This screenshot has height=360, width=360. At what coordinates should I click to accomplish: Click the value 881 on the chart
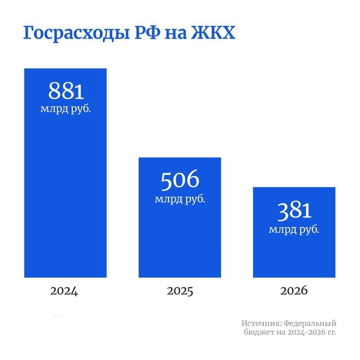pyautogui.click(x=66, y=91)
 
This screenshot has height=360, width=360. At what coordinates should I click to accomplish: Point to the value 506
pyautogui.click(x=180, y=180)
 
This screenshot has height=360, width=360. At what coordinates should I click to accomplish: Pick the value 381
pyautogui.click(x=294, y=210)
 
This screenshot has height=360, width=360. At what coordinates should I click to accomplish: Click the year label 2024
pyautogui.click(x=64, y=291)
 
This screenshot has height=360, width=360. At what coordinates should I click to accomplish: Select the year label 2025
pyautogui.click(x=180, y=291)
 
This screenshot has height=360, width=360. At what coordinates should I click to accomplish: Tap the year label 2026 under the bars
pyautogui.click(x=294, y=291)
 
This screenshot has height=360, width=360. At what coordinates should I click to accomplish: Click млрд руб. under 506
pyautogui.click(x=180, y=200)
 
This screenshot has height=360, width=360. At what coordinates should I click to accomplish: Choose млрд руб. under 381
pyautogui.click(x=294, y=229)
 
